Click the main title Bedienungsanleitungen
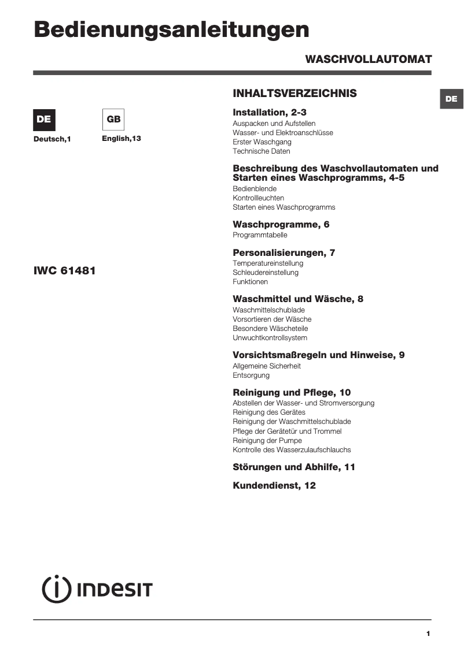[x=171, y=30]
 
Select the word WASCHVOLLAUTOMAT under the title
[x=368, y=59]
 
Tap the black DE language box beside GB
[x=44, y=120]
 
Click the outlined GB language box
[x=113, y=120]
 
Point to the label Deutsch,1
[x=51, y=139]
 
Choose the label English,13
[x=121, y=139]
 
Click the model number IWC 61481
[x=64, y=270]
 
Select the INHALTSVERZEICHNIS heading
[x=294, y=94]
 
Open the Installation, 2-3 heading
[x=269, y=113]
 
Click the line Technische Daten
[x=262, y=151]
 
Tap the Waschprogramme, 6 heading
[x=281, y=224]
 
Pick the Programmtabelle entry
[x=260, y=235]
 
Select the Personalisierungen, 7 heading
[x=283, y=252]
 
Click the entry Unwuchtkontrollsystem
[x=270, y=338]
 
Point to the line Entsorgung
[x=251, y=375]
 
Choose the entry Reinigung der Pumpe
[x=267, y=441]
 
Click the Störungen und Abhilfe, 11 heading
[x=293, y=467]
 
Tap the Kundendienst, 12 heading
[x=274, y=486]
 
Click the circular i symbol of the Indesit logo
[x=56, y=589]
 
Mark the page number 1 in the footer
[x=428, y=634]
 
